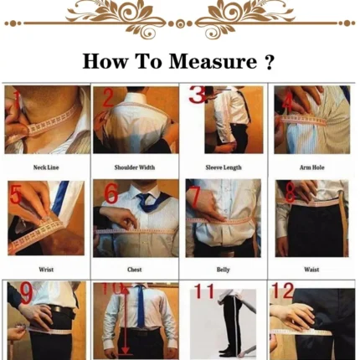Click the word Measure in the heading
pyautogui.click(x=213, y=61)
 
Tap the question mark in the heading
pyautogui.click(x=269, y=61)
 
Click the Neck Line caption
pyautogui.click(x=46, y=167)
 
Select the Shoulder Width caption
pyautogui.click(x=135, y=167)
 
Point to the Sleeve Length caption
pyautogui.click(x=224, y=167)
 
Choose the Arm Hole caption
pyautogui.click(x=312, y=167)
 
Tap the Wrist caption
pyautogui.click(x=46, y=270)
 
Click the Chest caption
pyautogui.click(x=135, y=270)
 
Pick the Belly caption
pyautogui.click(x=224, y=270)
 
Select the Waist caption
pyautogui.click(x=311, y=270)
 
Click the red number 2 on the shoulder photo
pyautogui.click(x=108, y=98)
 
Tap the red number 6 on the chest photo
pyautogui.click(x=111, y=193)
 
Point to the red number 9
pyautogui.click(x=27, y=294)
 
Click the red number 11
pyautogui.click(x=203, y=291)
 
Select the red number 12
pyautogui.click(x=283, y=291)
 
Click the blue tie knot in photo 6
pyautogui.click(x=144, y=198)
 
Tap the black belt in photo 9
pyautogui.click(x=62, y=310)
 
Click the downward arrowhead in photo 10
pyautogui.click(x=126, y=350)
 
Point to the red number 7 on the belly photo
pyautogui.click(x=195, y=197)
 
